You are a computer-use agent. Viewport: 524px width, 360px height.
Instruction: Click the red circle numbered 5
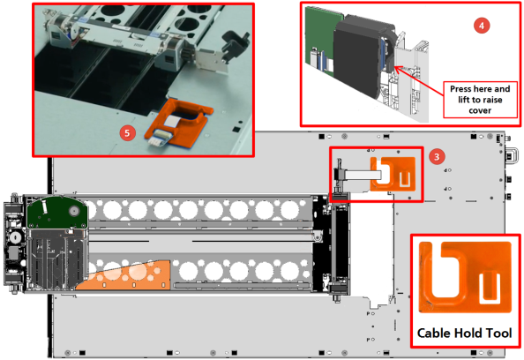tap(127, 133)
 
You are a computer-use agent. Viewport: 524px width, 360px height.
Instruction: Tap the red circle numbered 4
tap(482, 26)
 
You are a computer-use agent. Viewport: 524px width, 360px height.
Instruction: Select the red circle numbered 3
tap(438, 156)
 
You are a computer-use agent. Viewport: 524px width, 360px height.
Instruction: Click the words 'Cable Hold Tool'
tap(465, 333)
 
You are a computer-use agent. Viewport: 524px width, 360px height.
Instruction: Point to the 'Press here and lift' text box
tap(480, 100)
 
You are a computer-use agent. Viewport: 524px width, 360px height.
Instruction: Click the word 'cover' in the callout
tap(480, 110)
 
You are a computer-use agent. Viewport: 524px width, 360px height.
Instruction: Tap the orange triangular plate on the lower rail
tap(124, 276)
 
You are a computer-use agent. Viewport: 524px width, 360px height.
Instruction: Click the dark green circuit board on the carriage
tap(57, 213)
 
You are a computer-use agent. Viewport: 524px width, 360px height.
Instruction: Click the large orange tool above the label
tap(465, 277)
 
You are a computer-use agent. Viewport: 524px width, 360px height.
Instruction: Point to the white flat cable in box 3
tap(363, 175)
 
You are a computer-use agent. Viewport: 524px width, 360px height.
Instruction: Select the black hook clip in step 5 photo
tap(236, 44)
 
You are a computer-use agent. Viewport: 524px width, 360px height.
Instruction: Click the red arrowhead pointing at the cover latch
tap(398, 69)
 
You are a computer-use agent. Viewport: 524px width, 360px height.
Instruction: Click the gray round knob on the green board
tap(74, 211)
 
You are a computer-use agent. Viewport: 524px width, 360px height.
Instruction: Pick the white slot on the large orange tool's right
tap(490, 289)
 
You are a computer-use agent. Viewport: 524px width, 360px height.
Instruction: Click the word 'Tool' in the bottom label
tap(498, 333)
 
